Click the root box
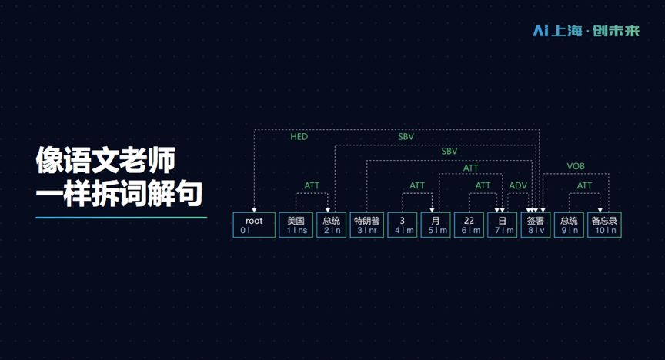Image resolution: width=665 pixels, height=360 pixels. point(255,225)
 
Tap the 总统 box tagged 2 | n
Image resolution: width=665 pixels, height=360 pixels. point(331,225)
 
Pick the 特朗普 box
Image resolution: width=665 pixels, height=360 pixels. point(366,225)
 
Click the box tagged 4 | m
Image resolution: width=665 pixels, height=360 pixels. point(402,225)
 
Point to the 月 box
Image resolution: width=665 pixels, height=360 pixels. point(435,225)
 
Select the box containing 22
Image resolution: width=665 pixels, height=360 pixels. point(469,225)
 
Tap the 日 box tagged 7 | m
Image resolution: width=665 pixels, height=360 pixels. point(502,225)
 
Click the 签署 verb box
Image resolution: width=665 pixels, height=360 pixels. point(535,225)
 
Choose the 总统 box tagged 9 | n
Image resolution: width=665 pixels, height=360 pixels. point(569,225)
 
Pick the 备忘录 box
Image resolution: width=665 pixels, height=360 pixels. point(604,225)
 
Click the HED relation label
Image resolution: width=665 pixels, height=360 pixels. point(299,137)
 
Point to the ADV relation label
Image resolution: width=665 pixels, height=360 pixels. point(518,185)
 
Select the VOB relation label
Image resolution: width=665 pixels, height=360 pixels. point(576,167)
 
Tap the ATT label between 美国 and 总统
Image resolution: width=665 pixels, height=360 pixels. point(312,185)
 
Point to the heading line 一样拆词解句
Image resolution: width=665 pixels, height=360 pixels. point(119,194)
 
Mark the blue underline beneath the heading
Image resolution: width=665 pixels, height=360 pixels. point(121,218)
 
